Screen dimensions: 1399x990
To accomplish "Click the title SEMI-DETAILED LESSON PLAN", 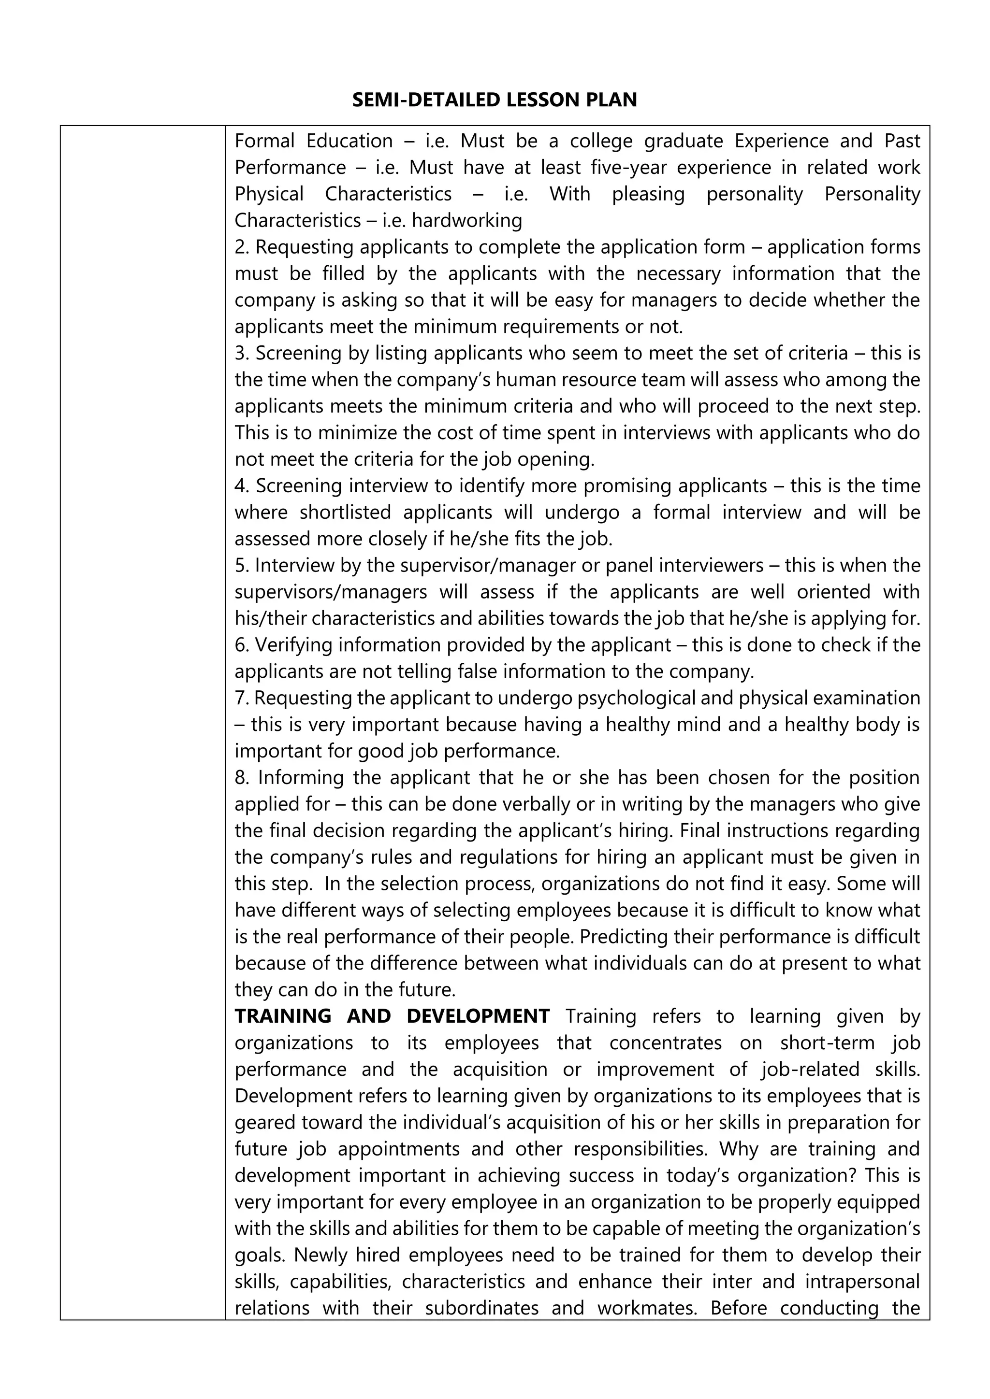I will click(495, 100).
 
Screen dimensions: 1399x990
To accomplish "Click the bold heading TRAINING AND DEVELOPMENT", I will click(392, 1016).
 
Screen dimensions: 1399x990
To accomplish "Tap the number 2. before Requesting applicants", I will click(243, 247).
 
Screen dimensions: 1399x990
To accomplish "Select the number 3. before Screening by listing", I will click(243, 354).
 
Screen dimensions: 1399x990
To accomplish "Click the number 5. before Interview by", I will click(243, 566).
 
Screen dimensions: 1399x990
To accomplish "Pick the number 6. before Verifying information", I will click(243, 644).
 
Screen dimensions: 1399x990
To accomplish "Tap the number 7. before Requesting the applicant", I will click(242, 698).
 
